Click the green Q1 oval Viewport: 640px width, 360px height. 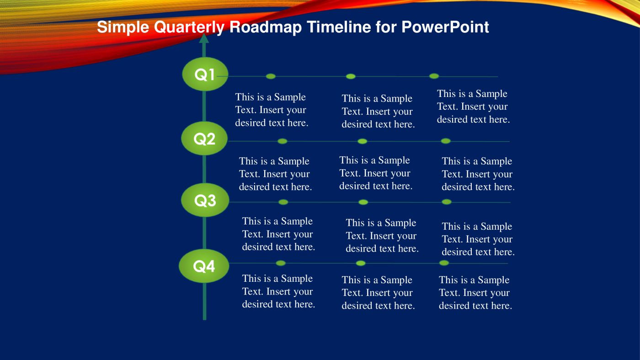click(x=205, y=74)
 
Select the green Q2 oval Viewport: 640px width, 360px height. click(x=204, y=139)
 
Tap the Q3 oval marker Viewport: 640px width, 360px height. click(x=205, y=200)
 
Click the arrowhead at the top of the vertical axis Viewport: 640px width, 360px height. click(x=204, y=38)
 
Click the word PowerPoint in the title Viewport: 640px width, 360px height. click(x=445, y=27)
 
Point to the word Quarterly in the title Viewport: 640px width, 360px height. click(x=189, y=27)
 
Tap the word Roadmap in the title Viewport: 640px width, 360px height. click(x=266, y=27)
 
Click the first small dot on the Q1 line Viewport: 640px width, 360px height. click(x=271, y=76)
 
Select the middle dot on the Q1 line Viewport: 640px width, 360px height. click(x=351, y=76)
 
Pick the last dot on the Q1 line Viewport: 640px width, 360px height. click(x=434, y=76)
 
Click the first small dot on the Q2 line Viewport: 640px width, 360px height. click(x=283, y=141)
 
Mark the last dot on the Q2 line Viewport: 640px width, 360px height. click(x=446, y=141)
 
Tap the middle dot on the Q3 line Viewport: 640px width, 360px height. click(x=363, y=202)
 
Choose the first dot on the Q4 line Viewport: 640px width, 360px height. click(x=281, y=263)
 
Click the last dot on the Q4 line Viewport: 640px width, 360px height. click(x=444, y=263)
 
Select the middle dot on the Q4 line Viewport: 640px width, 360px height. click(x=361, y=263)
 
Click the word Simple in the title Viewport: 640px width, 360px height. click(x=123, y=27)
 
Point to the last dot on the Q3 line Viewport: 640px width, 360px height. click(x=447, y=202)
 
